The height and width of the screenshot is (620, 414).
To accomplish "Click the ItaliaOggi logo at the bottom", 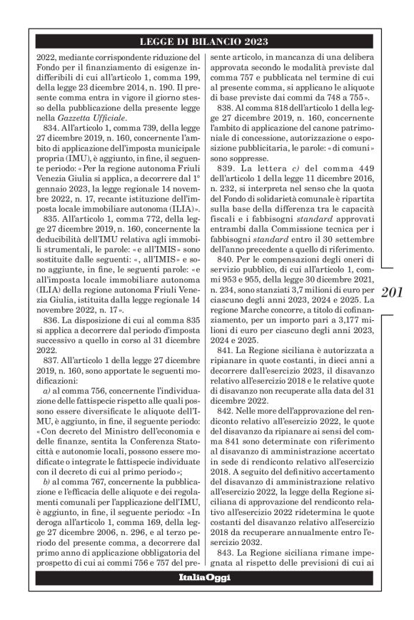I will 204,577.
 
